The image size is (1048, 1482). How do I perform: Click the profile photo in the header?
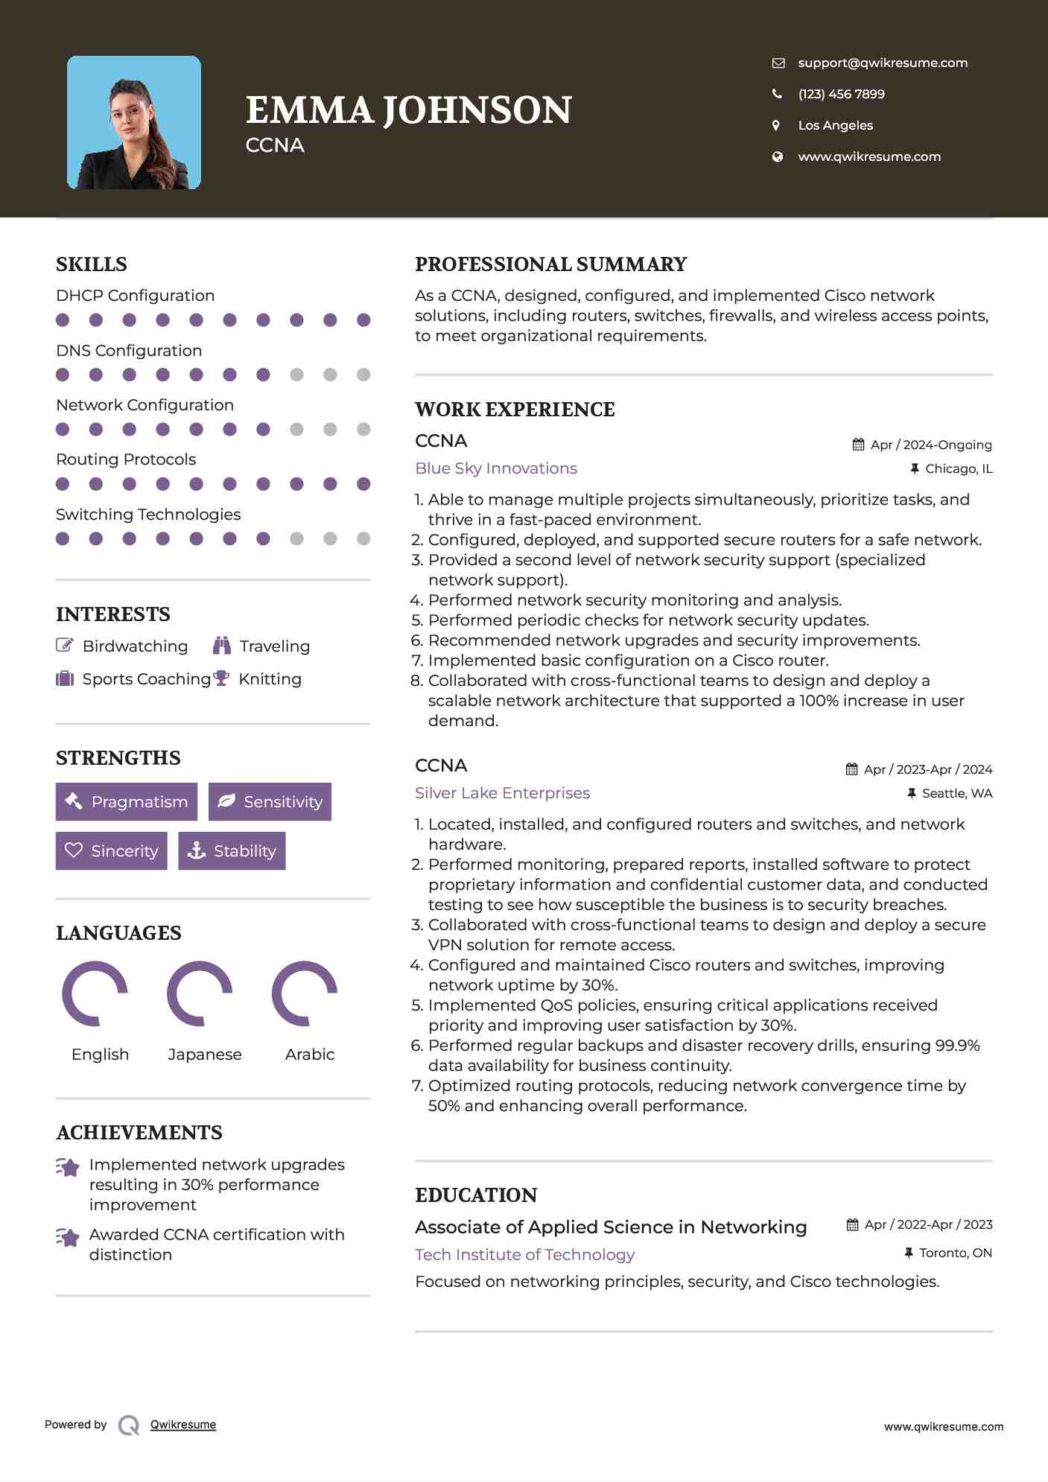tap(134, 122)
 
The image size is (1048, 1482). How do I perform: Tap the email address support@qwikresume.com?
tap(883, 63)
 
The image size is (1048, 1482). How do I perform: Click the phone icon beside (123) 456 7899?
tap(778, 94)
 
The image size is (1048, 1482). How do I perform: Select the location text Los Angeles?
tap(835, 125)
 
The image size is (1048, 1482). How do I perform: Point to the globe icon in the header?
tap(778, 156)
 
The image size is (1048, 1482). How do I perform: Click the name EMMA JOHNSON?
tap(408, 110)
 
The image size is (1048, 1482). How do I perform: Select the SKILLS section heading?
tap(92, 264)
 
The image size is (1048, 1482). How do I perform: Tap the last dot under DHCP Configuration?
tap(363, 320)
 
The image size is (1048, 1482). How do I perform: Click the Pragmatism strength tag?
tap(127, 802)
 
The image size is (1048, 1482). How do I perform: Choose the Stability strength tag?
tap(232, 851)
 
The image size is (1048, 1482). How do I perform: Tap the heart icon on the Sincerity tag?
tap(74, 850)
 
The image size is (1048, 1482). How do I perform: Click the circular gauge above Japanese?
tap(200, 993)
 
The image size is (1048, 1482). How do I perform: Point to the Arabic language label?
tap(310, 1055)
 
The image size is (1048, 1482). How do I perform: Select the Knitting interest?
tap(270, 679)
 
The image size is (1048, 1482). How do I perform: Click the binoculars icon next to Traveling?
tap(221, 646)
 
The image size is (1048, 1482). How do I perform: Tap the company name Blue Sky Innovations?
tap(496, 468)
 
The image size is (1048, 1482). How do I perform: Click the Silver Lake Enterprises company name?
tap(502, 793)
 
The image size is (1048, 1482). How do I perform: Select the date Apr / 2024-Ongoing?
tap(931, 445)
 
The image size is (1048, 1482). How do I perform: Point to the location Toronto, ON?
tap(956, 1253)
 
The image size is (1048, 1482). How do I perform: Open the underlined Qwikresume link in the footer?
tap(183, 1425)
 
